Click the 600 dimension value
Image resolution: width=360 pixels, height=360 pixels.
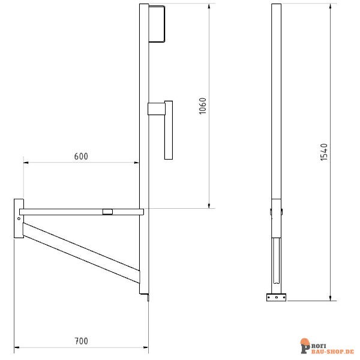(x=81, y=156)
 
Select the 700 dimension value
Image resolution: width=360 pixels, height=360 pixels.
(x=82, y=341)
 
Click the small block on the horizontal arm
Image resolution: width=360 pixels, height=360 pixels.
(x=107, y=211)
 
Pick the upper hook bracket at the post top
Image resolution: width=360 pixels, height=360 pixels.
(x=157, y=24)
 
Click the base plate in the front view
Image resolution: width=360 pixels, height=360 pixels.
(x=277, y=297)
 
